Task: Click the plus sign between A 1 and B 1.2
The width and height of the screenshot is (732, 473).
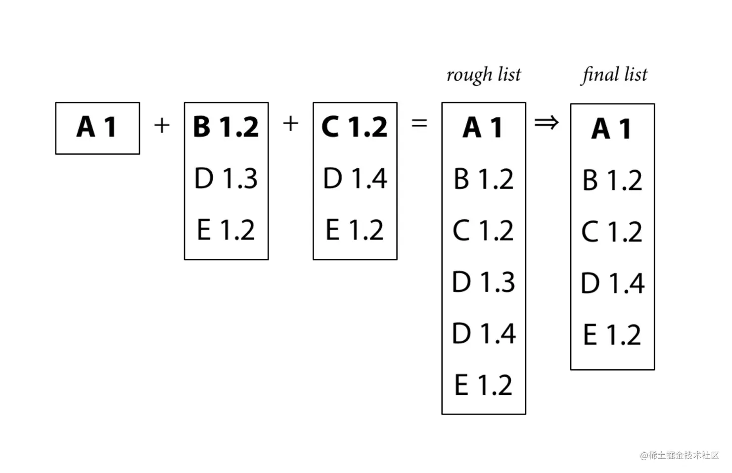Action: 162,126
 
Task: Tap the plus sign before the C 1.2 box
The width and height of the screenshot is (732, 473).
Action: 290,124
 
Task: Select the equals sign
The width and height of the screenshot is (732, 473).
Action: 419,124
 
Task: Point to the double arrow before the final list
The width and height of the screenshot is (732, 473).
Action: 547,123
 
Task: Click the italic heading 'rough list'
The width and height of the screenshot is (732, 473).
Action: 484,75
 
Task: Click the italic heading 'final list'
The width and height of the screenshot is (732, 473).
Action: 614,75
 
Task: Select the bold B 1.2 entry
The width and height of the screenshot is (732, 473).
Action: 226,127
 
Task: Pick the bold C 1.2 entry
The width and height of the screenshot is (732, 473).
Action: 355,127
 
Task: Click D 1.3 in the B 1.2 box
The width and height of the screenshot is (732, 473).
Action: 226,178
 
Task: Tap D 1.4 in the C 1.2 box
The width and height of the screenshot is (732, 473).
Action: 355,178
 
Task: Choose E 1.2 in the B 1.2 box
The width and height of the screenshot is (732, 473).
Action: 226,230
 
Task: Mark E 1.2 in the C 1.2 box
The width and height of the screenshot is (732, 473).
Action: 354,230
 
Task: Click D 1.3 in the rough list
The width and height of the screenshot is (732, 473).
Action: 483,282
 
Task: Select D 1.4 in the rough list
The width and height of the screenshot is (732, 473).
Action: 484,333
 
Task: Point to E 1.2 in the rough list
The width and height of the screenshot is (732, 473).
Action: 483,385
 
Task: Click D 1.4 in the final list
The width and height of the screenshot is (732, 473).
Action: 612,283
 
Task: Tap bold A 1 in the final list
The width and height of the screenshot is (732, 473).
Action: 611,129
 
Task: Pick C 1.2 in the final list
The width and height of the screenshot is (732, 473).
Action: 611,232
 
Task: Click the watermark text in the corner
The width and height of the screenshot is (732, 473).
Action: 680,455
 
